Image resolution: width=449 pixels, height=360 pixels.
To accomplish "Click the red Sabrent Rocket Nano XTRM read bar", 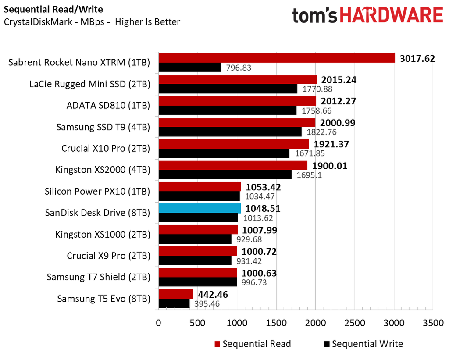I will tap(276, 58).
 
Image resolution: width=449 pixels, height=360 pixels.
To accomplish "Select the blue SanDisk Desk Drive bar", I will tap(200, 208).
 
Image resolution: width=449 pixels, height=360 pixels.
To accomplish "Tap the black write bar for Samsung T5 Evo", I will tap(174, 303).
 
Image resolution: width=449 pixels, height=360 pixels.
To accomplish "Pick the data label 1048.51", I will tap(264, 208).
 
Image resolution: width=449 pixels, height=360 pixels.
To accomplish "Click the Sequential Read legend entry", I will tap(252, 344).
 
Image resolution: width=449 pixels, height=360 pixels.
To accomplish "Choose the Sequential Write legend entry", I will tap(363, 344).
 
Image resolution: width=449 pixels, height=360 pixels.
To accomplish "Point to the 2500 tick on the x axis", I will tap(355, 323).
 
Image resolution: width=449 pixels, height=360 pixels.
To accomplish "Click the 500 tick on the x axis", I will tap(198, 323).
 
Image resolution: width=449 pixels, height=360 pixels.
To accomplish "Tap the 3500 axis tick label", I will tap(433, 323).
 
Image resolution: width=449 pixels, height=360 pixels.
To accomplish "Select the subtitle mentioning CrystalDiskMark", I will tap(92, 21).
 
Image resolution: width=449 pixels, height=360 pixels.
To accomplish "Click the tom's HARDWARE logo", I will tap(367, 16).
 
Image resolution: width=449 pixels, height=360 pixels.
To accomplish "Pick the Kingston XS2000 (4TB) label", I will tap(103, 170).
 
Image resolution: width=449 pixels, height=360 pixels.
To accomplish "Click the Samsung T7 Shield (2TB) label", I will tap(98, 277).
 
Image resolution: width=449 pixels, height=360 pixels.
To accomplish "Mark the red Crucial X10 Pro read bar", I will tap(234, 144).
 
